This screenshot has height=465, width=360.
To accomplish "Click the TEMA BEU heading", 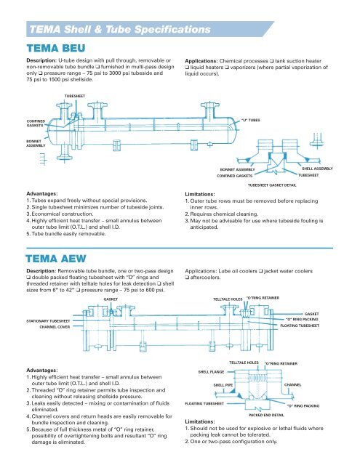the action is click(56, 49).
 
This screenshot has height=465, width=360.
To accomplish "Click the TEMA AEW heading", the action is click(56, 259).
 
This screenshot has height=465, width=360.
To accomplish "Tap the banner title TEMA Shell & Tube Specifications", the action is click(120, 29).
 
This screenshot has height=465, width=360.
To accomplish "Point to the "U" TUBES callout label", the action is click(250, 120).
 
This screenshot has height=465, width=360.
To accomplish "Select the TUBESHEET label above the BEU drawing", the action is click(75, 96).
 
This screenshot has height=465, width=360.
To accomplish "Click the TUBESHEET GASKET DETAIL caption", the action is click(272, 185).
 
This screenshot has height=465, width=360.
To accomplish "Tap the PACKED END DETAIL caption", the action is click(266, 415).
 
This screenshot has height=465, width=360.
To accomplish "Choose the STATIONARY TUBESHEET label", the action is click(49, 321).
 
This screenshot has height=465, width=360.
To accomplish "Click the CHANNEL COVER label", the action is click(55, 327).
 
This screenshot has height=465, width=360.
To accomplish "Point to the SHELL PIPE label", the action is click(223, 385).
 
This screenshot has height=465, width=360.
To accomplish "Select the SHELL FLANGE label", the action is click(212, 372).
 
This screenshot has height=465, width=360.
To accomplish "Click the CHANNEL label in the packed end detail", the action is click(292, 384).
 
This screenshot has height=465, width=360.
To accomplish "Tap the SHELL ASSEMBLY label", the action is click(317, 169).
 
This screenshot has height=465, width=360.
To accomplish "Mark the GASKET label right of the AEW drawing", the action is click(311, 314).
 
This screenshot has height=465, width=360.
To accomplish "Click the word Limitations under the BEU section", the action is click(200, 194).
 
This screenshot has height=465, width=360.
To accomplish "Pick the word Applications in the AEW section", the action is click(201, 271).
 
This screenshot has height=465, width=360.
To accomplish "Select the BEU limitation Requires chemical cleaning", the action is click(221, 214).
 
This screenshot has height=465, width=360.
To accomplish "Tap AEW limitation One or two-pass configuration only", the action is click(231, 441).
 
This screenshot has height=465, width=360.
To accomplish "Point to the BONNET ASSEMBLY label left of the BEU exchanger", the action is click(36, 144).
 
